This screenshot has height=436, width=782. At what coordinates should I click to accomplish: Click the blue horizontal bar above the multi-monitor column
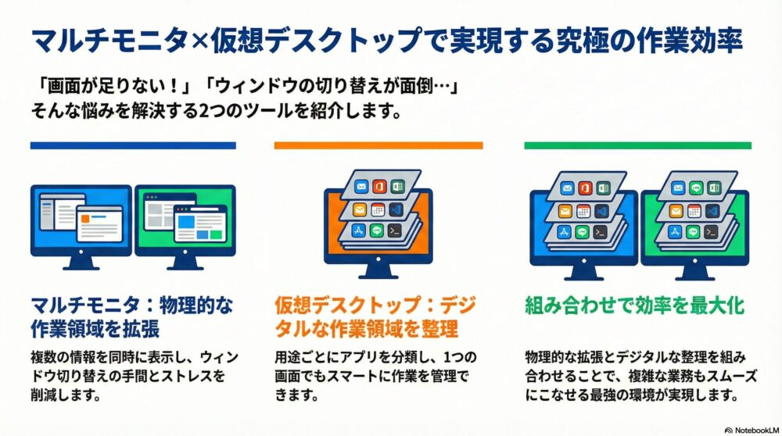pos(133,145)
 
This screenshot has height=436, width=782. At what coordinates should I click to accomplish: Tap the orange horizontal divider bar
pos(378,145)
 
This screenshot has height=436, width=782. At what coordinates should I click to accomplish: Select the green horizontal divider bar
pos(638,145)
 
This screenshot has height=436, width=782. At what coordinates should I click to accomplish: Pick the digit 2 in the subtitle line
pos(203,111)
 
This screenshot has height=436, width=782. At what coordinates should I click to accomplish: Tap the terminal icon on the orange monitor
pos(395,231)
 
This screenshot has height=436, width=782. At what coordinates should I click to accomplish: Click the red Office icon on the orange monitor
pos(379,187)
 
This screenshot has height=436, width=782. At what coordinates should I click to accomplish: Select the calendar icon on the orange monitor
pos(378,209)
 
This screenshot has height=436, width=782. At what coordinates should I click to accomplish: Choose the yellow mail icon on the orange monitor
pos(360,209)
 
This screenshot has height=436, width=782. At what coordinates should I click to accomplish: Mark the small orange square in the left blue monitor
pos(85,219)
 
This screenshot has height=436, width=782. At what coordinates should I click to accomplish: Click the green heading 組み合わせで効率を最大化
pos(634,305)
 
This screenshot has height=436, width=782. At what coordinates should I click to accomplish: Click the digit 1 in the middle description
pos(447,357)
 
